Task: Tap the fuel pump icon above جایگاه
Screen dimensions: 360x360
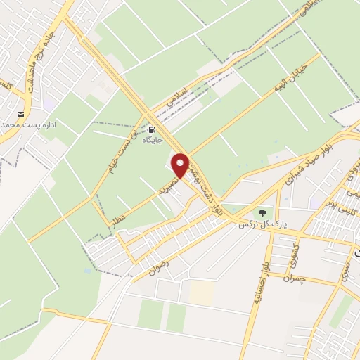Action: click(153, 129)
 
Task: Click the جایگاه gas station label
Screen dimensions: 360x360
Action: click(153, 141)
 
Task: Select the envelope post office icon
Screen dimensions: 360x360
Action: click(21, 114)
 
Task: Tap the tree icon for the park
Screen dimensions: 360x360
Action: click(262, 211)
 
